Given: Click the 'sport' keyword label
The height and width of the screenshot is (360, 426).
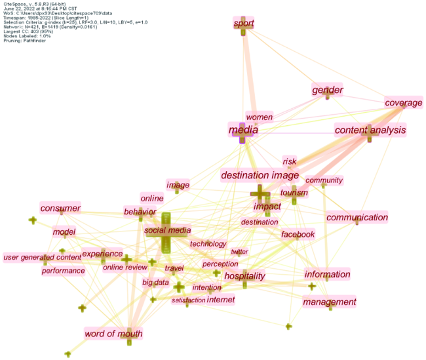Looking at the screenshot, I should (244, 24).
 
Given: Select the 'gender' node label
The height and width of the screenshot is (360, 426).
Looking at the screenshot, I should (328, 90).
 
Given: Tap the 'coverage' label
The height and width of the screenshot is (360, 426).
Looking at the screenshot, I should (403, 102).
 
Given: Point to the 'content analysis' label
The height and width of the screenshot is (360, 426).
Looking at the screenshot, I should (370, 130).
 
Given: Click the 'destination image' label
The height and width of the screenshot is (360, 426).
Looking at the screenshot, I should (260, 175).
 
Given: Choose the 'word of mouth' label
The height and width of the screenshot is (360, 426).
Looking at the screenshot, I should (113, 334).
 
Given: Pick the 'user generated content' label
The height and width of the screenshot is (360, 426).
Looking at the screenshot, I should (42, 258).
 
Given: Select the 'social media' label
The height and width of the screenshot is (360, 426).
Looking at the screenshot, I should (167, 230).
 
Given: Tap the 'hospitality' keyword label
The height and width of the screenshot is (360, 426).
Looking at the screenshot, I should (244, 276).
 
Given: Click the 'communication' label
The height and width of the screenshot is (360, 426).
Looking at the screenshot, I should (357, 218).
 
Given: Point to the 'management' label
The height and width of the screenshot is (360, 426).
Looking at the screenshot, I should (330, 302).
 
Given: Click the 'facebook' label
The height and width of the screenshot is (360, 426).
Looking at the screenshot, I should (298, 234).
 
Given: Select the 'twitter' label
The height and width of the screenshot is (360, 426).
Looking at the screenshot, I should (239, 252).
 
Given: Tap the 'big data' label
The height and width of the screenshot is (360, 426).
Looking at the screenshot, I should (155, 283).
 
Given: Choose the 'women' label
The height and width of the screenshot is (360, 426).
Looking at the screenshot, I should (259, 117).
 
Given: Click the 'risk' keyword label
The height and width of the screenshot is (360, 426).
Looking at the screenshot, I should (289, 161).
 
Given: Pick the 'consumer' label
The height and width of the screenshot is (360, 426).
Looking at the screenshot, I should (60, 209).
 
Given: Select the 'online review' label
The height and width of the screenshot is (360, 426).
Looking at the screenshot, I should (125, 268).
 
